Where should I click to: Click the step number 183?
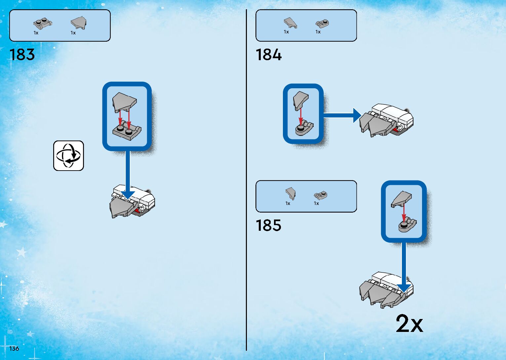[x=22, y=55]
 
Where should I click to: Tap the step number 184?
[x=268, y=55]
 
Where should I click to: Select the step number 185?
[x=268, y=225]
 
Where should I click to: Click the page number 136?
[x=14, y=348]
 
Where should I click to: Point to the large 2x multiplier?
[x=409, y=324]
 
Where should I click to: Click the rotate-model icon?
[x=68, y=156]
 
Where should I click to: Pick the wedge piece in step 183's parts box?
[x=78, y=23]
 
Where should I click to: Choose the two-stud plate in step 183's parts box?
[x=43, y=23]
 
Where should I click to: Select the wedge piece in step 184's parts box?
[x=290, y=23]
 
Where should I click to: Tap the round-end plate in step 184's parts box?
[x=322, y=23]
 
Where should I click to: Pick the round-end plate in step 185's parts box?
[x=320, y=195]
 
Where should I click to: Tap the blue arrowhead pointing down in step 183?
[x=127, y=195]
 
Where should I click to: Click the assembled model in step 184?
[x=386, y=121]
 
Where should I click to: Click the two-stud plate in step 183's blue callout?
[x=127, y=131]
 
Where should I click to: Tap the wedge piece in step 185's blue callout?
[x=401, y=199]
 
